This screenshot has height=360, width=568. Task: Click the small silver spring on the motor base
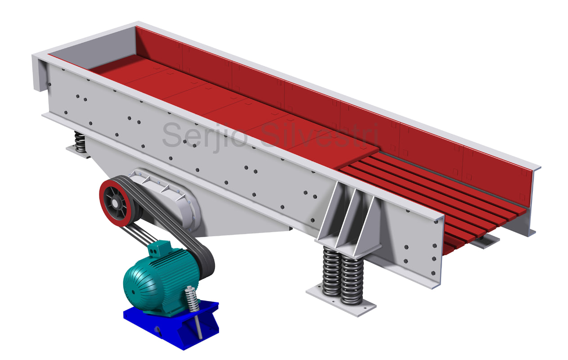coord(191,299)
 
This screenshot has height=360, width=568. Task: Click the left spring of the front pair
coord(331,272)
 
